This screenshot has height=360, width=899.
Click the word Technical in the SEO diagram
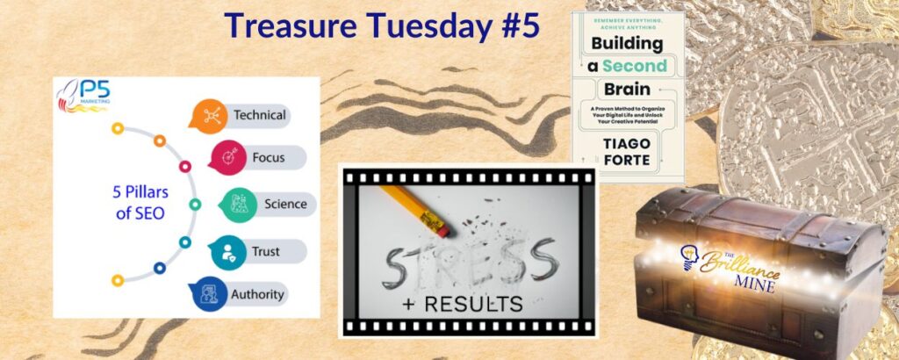260,115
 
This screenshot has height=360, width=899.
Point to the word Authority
257,295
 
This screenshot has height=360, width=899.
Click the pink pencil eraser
439,227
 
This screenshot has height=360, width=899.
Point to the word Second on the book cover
629,66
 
